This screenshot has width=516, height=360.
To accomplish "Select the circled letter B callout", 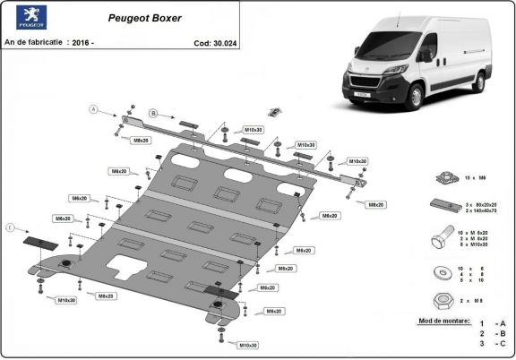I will (x=153, y=113).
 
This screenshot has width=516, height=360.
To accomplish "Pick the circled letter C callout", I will (x=11, y=228).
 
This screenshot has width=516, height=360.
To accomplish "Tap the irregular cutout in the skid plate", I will (x=125, y=265).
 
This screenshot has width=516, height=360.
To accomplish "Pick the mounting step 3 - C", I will (x=490, y=344).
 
